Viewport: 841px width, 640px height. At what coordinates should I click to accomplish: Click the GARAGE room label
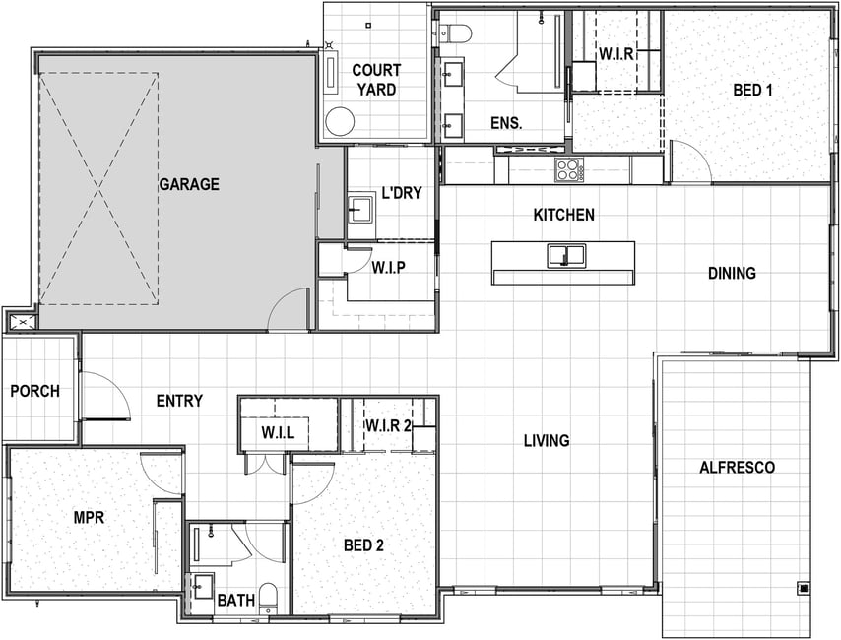click(x=189, y=184)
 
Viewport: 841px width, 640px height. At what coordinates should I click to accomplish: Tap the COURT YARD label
click(x=376, y=80)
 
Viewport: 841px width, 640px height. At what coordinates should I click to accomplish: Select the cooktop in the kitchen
click(x=569, y=170)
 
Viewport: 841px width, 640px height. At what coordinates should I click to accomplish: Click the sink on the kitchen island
click(x=566, y=256)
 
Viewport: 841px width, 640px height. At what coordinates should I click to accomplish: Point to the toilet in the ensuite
click(x=455, y=33)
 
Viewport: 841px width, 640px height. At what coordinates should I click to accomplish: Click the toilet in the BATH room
click(x=268, y=599)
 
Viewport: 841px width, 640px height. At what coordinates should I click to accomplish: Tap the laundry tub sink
click(x=359, y=209)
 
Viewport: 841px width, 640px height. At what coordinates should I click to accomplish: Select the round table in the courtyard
click(x=341, y=122)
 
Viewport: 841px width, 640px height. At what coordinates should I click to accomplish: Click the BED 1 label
click(x=752, y=90)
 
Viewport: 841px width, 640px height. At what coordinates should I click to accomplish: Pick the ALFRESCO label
click(x=737, y=468)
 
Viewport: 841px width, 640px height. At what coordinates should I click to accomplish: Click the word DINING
click(x=732, y=273)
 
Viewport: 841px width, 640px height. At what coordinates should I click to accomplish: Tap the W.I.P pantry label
click(x=388, y=267)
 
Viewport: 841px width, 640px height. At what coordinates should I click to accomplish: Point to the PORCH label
click(x=35, y=391)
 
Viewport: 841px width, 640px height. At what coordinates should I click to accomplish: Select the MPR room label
click(x=89, y=517)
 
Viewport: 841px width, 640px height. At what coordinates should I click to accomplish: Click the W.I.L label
click(x=278, y=432)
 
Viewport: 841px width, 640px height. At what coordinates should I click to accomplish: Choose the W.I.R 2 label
click(x=388, y=426)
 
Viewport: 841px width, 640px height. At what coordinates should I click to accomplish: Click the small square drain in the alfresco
click(x=804, y=588)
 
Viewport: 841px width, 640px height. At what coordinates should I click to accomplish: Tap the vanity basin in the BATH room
click(x=203, y=586)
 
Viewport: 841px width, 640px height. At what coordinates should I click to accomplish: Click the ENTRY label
click(x=179, y=401)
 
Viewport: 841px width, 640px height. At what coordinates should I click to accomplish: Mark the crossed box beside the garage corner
click(x=22, y=322)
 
